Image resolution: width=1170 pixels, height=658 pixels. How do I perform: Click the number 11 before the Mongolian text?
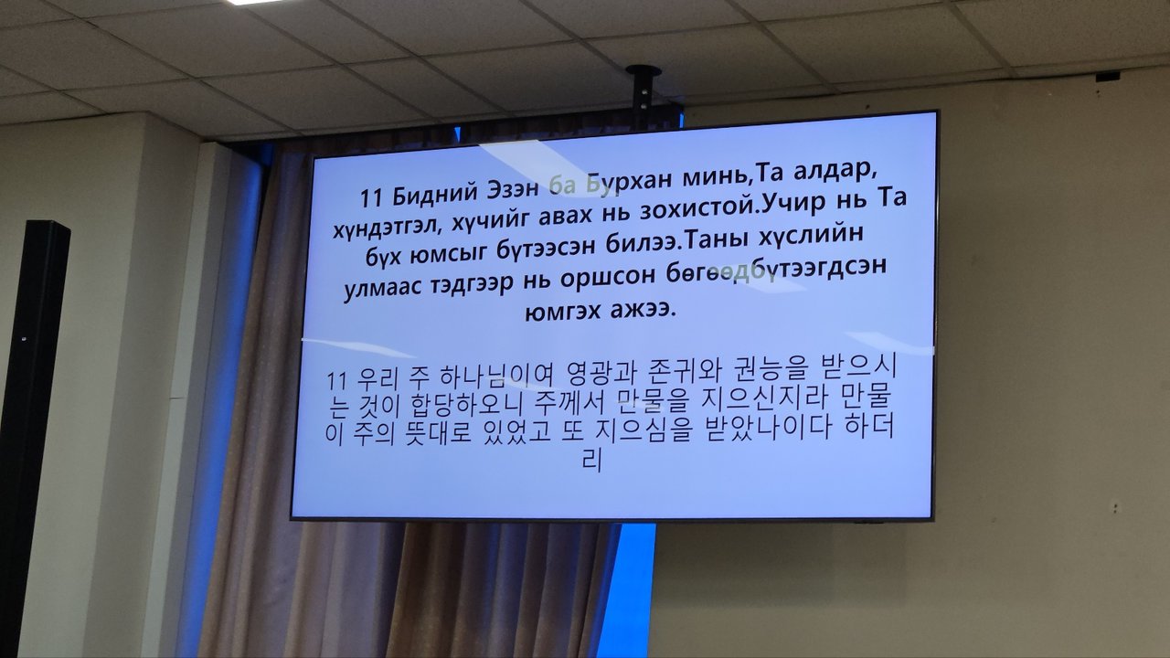[x=372, y=198]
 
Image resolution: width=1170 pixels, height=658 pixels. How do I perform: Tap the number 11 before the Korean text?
[x=336, y=382]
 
